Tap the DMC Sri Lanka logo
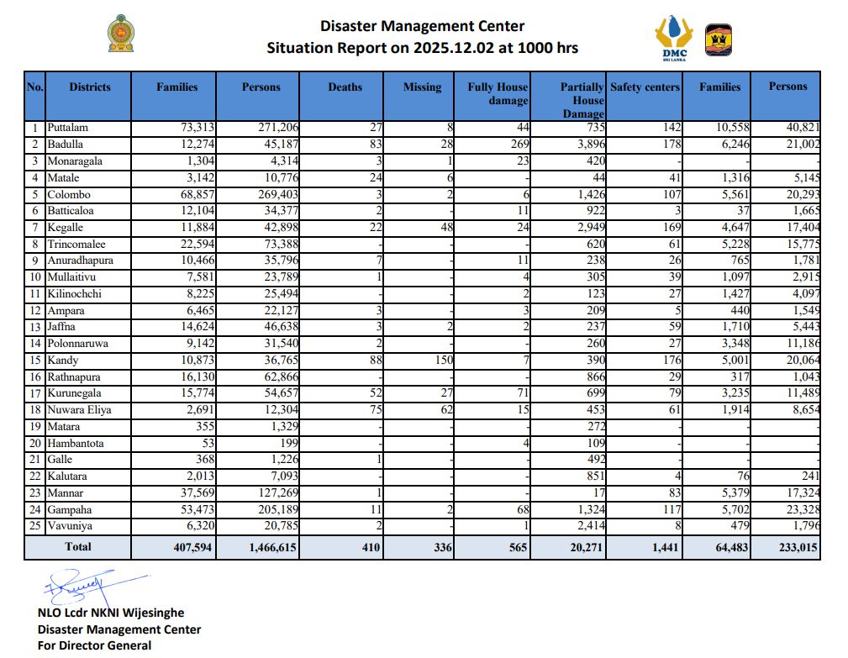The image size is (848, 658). tap(672, 38)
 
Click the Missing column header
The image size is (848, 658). tap(422, 87)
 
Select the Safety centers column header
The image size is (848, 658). tap(645, 87)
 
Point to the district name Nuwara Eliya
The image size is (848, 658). tap(79, 410)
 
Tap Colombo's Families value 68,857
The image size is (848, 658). tap(180, 194)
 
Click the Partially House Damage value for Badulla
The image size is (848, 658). tap(587, 145)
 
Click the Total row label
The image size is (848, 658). tap(78, 547)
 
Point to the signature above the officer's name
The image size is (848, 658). tap(80, 585)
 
